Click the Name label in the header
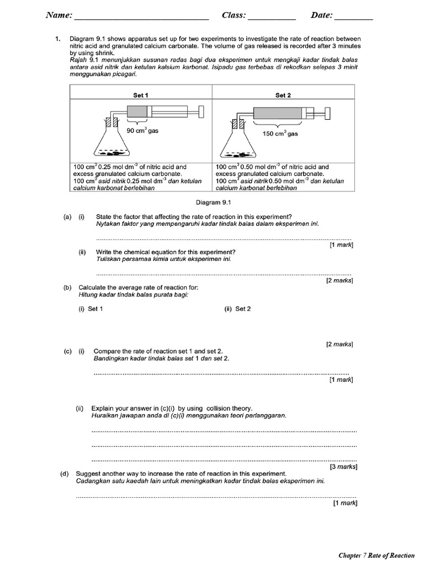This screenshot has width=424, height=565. pyautogui.click(x=59, y=16)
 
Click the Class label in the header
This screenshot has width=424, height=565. pyautogui.click(x=234, y=16)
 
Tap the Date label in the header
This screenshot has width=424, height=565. pyautogui.click(x=321, y=16)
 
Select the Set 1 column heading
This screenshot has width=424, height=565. pyautogui.click(x=141, y=95)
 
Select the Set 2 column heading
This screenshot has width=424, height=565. pyautogui.click(x=283, y=95)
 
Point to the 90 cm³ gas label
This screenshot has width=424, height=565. pyautogui.click(x=142, y=131)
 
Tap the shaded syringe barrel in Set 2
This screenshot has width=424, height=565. pyautogui.click(x=278, y=114)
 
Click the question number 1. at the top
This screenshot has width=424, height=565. pyautogui.click(x=57, y=39)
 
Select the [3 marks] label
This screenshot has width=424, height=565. pyautogui.click(x=343, y=466)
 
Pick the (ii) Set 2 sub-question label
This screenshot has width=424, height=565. pyautogui.click(x=237, y=309)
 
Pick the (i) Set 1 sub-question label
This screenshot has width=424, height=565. pyautogui.click(x=91, y=309)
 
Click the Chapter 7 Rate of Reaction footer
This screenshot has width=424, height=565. pyautogui.click(x=376, y=555)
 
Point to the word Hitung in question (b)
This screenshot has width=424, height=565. pyautogui.click(x=88, y=295)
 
